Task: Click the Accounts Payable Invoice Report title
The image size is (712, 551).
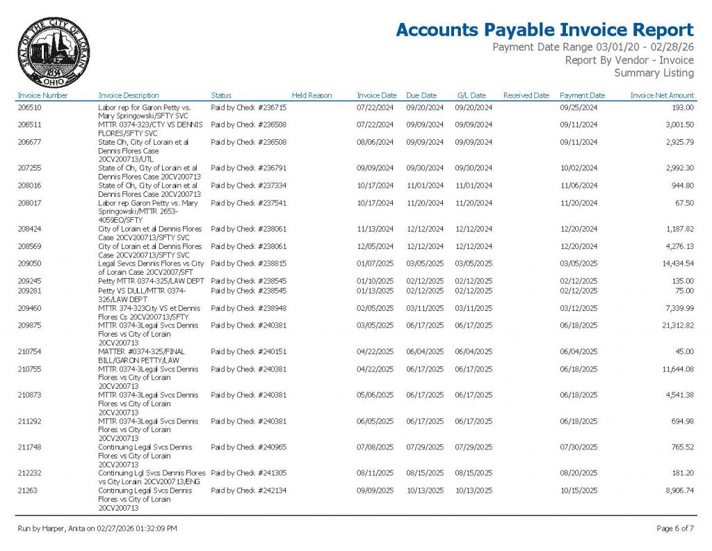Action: [544, 30]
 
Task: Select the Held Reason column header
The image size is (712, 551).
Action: [311, 95]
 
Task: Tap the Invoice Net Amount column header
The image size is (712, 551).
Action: [662, 95]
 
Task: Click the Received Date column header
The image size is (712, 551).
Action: [526, 95]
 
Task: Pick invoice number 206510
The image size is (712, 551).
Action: [30, 108]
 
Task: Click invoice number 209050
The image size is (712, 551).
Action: [30, 264]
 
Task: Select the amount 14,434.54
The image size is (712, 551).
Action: [675, 264]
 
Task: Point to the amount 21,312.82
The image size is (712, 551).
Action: [675, 325]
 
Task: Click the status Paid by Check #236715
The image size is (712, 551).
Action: [248, 108]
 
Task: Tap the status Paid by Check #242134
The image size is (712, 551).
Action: [248, 490]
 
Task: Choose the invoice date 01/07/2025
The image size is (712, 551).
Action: [375, 264]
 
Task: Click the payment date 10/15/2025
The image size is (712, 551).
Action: [578, 490]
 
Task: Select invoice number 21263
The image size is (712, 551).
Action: [28, 490]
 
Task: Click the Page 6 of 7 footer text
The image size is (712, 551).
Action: [674, 529]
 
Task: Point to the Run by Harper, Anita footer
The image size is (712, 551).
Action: [97, 529]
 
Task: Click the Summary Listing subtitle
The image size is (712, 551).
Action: [654, 73]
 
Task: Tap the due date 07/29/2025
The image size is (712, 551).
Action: [425, 447]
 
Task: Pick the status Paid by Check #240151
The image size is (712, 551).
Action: [248, 351]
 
